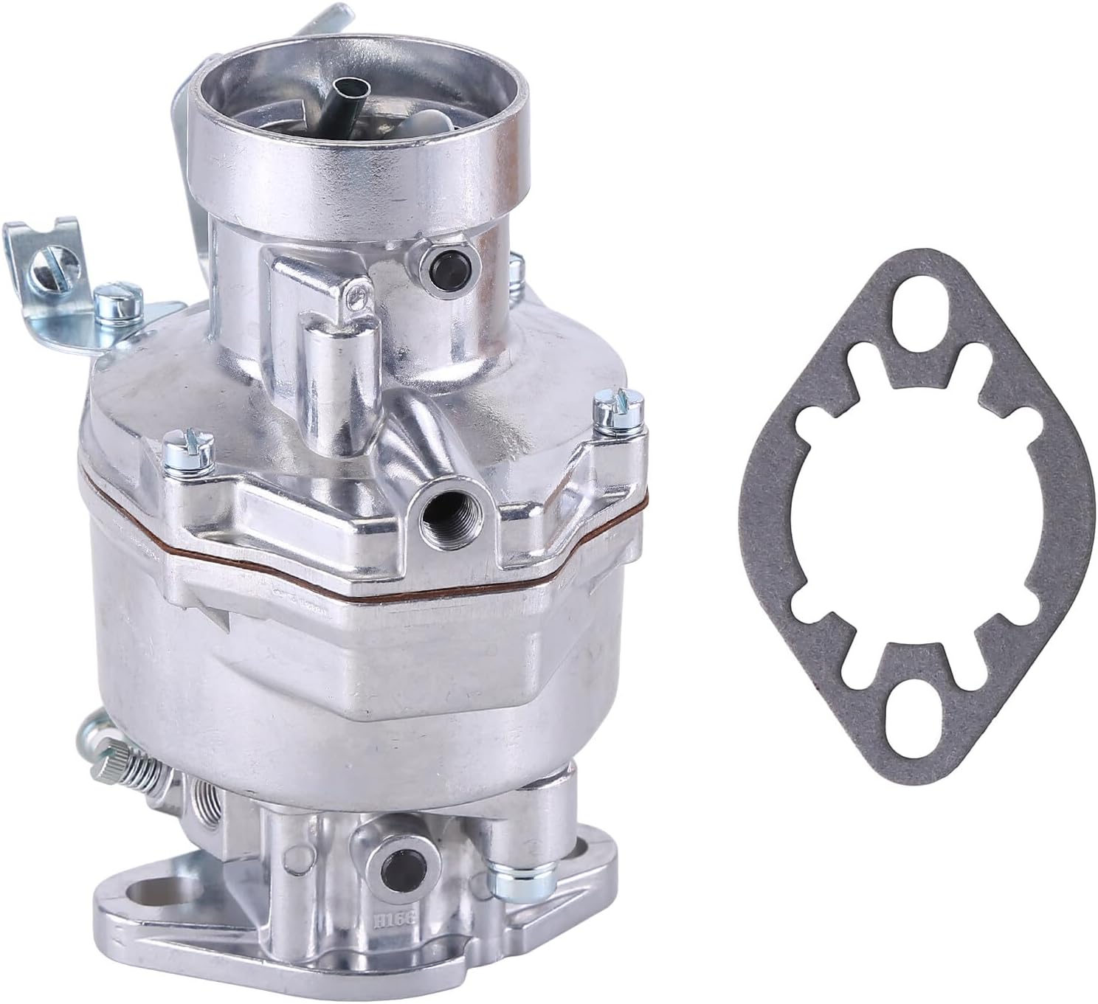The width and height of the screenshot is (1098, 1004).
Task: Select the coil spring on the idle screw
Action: [x=144, y=767]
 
